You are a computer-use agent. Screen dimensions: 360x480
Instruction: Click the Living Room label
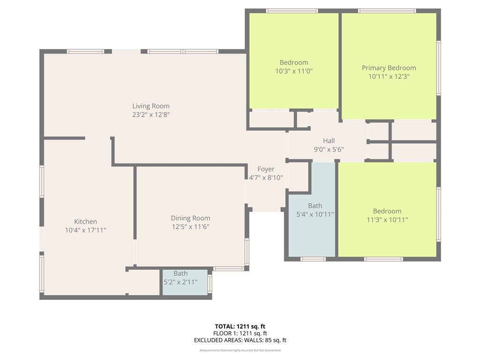coord(150,106)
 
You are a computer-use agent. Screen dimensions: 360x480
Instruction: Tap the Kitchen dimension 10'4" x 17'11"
coord(85,230)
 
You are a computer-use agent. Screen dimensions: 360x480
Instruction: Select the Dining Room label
coord(190,218)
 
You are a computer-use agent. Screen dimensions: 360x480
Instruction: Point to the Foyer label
coord(266,169)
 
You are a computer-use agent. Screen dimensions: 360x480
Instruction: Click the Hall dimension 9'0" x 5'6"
coord(329,150)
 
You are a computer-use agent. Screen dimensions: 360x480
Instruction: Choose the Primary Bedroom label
coord(389,68)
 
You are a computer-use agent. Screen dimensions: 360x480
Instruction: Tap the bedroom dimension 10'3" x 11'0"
coord(294,71)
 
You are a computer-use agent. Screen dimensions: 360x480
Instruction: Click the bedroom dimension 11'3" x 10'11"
coord(387,219)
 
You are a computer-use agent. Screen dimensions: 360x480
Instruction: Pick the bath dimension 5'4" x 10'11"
coord(315,214)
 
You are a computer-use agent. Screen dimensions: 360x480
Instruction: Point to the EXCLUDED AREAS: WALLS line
coord(240,340)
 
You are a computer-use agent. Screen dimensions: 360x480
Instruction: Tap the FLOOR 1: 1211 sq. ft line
coord(240,333)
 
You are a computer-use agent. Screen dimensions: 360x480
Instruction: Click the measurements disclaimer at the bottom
coord(240,350)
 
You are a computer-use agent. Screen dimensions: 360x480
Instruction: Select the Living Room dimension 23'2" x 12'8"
coord(150,114)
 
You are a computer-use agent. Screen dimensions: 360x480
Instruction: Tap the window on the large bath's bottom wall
coord(313,259)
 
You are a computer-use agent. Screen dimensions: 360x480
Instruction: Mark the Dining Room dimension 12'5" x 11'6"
coord(190,226)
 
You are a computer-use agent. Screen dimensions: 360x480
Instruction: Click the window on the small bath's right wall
coord(210,283)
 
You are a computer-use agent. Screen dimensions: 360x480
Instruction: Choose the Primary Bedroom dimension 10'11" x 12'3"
coord(389,76)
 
